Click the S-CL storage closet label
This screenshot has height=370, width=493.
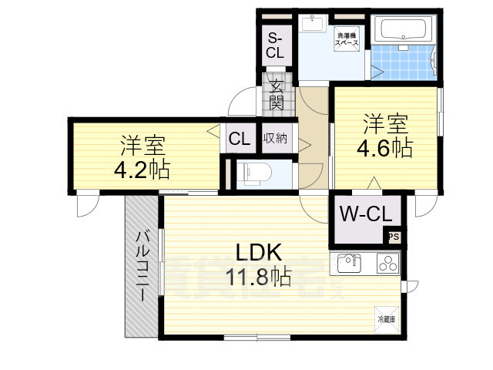[275, 45]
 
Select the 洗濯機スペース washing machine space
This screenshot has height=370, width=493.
[344, 40]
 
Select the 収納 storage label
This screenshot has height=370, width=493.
[276, 139]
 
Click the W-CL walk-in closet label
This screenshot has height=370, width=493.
[365, 213]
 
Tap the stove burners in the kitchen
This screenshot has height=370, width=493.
[387, 264]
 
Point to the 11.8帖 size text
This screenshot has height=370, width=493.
[258, 276]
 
